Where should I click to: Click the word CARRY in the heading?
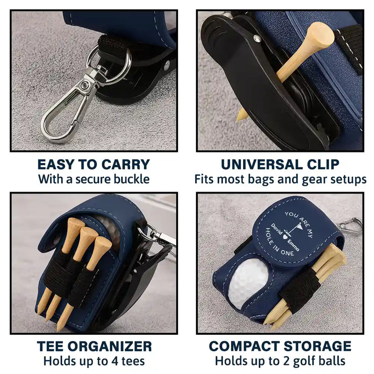125,165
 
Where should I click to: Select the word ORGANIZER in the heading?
111,346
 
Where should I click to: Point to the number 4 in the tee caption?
115,361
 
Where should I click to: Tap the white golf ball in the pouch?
248,283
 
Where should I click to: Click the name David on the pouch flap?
277,229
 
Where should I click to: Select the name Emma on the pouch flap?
293,245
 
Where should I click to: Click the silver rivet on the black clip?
256,37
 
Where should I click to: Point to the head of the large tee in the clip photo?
319,36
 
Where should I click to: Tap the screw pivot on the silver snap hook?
84,85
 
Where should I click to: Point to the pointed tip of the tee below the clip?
237,119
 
